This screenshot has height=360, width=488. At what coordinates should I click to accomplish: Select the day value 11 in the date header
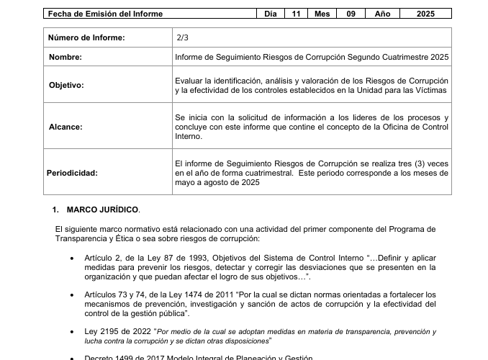296,14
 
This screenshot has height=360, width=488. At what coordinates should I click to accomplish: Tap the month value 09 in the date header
351,14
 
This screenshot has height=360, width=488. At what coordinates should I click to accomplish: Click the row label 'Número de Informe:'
86,37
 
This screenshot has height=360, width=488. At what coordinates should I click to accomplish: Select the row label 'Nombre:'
65,57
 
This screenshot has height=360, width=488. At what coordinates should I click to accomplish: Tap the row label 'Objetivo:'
66,85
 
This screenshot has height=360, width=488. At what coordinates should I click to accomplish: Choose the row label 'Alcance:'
65,127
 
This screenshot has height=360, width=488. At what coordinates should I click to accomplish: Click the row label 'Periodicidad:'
73,173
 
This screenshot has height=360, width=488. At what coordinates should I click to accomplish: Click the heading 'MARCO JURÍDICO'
102,210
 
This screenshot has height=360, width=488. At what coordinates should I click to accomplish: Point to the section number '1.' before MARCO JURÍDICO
55,210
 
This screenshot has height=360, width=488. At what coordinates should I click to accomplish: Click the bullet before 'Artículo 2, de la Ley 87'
71,258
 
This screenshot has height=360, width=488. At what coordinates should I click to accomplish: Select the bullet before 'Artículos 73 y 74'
71,294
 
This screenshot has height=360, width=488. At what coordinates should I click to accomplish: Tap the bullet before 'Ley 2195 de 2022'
71,332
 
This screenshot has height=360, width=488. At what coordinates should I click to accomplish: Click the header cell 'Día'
270,14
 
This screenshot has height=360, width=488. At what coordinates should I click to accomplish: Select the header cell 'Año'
381,14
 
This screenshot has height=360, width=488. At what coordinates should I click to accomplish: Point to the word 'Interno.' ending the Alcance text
189,136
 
